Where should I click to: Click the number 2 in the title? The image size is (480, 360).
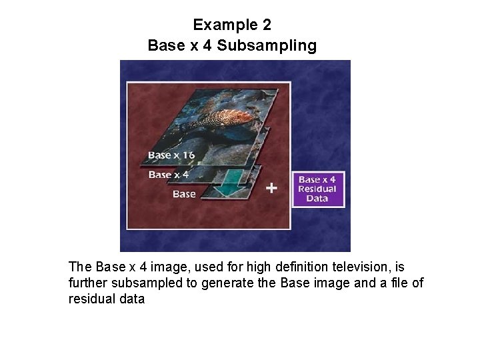coord(267,25)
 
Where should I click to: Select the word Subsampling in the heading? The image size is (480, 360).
coord(267,45)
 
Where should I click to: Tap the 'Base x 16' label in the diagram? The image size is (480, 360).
coord(171,155)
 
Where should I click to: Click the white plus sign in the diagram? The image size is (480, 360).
coord(271,188)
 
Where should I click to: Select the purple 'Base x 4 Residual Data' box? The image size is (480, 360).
coord(317,189)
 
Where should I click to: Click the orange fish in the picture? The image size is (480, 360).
coord(223,119)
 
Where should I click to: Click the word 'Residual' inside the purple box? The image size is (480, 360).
coord(317,189)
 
